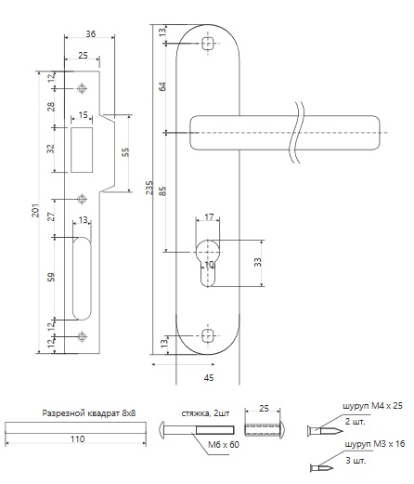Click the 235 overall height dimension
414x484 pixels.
pyautogui.click(x=149, y=188)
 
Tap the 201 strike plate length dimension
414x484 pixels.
pyautogui.click(x=36, y=210)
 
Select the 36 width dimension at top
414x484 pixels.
pyautogui.click(x=91, y=33)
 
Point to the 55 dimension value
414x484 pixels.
pyautogui.click(x=125, y=152)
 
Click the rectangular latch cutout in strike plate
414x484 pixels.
pyautogui.click(x=82, y=150)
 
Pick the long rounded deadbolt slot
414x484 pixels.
pyautogui.click(x=82, y=279)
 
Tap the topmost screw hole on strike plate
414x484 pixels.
pyautogui.click(x=82, y=88)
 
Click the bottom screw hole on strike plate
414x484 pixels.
pyautogui.click(x=82, y=336)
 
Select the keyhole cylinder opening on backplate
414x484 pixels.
pyautogui.click(x=208, y=263)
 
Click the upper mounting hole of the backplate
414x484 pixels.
pyautogui.click(x=208, y=44)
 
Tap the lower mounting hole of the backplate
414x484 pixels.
pyautogui.click(x=208, y=336)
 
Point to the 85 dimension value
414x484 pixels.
pyautogui.click(x=162, y=191)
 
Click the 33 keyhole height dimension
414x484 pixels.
pyautogui.click(x=258, y=262)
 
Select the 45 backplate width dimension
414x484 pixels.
pyautogui.click(x=209, y=377)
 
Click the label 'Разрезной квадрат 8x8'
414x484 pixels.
pyautogui.click(x=89, y=413)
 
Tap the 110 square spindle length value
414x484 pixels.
pyautogui.click(x=77, y=438)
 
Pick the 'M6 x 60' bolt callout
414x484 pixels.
pyautogui.click(x=224, y=445)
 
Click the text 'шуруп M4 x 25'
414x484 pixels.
pyautogui.click(x=372, y=406)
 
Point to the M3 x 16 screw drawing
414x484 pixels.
pyautogui.click(x=321, y=467)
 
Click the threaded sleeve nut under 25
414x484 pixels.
pyautogui.click(x=265, y=429)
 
